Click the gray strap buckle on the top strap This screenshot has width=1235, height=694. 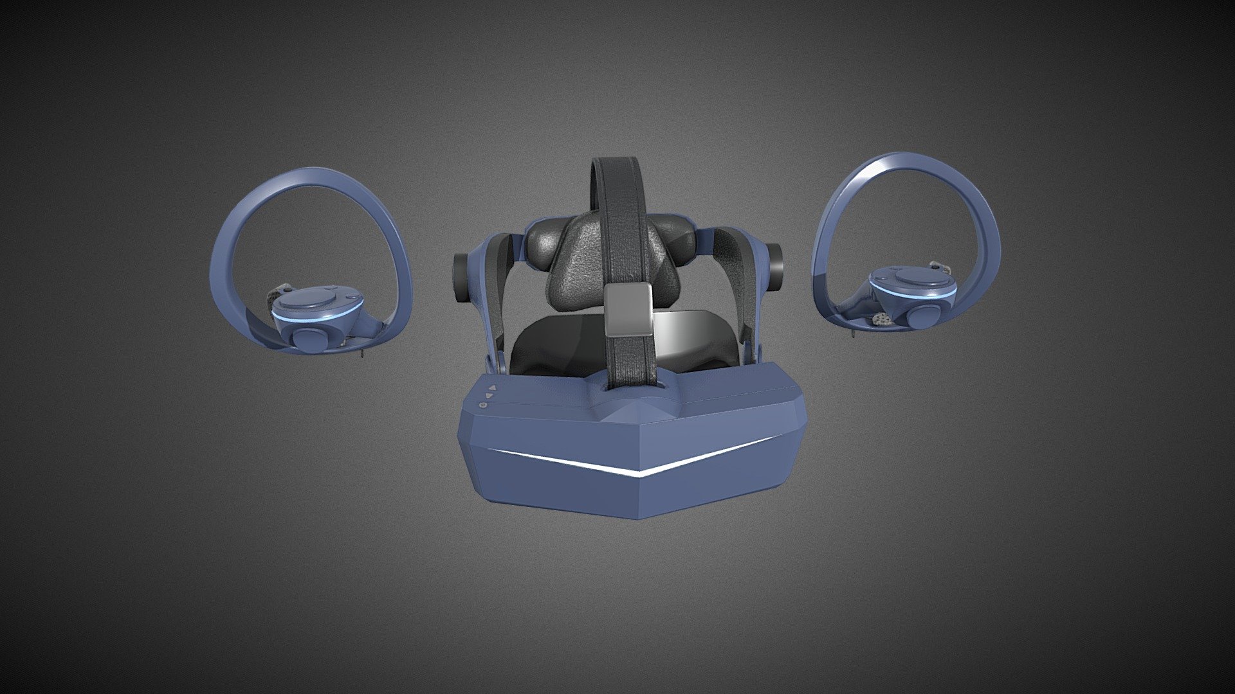coord(628,310)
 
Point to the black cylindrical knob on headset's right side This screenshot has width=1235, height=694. coord(774,266)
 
